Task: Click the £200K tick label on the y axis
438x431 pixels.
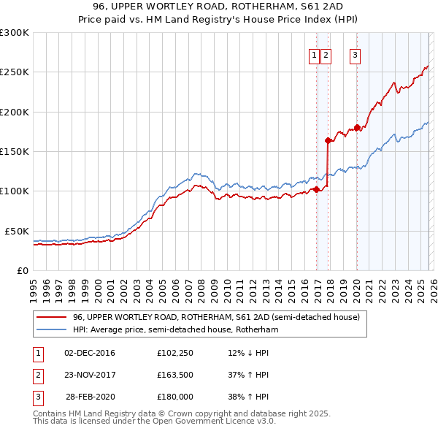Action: [15, 112]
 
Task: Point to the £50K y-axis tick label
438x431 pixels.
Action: [17, 231]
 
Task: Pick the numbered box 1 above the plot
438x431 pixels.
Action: [314, 56]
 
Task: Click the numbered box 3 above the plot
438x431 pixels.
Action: [355, 56]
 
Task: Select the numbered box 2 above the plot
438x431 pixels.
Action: [325, 56]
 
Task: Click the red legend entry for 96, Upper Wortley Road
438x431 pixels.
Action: [216, 318]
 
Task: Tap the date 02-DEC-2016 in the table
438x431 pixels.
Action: [90, 354]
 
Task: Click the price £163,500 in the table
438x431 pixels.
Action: [175, 375]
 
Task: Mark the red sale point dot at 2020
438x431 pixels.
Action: [358, 127]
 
